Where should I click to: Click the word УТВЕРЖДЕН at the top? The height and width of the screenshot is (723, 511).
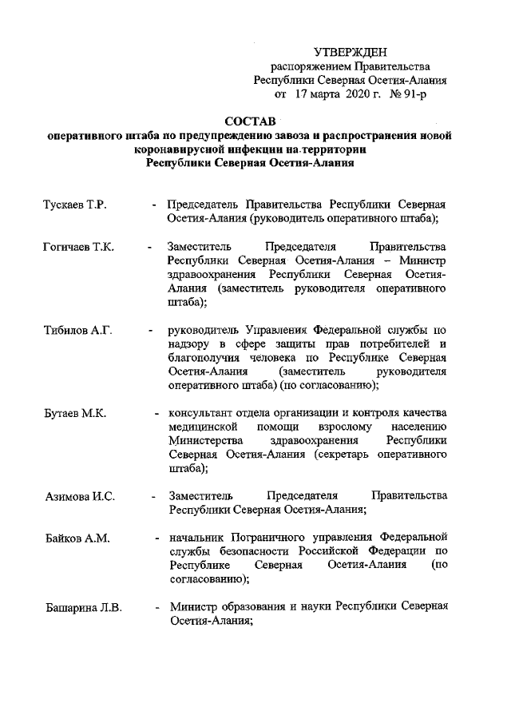[x=350, y=52]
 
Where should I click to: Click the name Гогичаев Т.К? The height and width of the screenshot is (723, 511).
[x=79, y=246]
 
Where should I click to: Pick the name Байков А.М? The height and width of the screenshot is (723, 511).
[x=77, y=538]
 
